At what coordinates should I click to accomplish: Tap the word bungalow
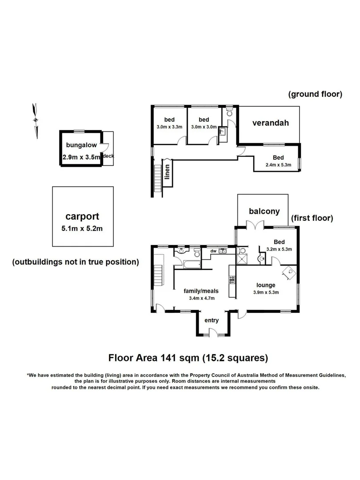pyautogui.click(x=81, y=145)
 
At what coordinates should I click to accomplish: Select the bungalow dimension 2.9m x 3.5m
pyautogui.click(x=81, y=157)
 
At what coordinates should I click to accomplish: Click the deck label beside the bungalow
pyautogui.click(x=108, y=156)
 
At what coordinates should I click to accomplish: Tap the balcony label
pyautogui.click(x=264, y=211)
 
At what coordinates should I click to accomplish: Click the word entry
pyautogui.click(x=212, y=320)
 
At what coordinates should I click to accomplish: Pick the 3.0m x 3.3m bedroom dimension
pyautogui.click(x=169, y=127)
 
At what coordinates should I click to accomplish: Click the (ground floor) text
pyautogui.click(x=315, y=94)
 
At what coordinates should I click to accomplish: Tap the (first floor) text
pyautogui.click(x=312, y=218)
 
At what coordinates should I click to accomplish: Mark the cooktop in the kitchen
pyautogui.click(x=232, y=280)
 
